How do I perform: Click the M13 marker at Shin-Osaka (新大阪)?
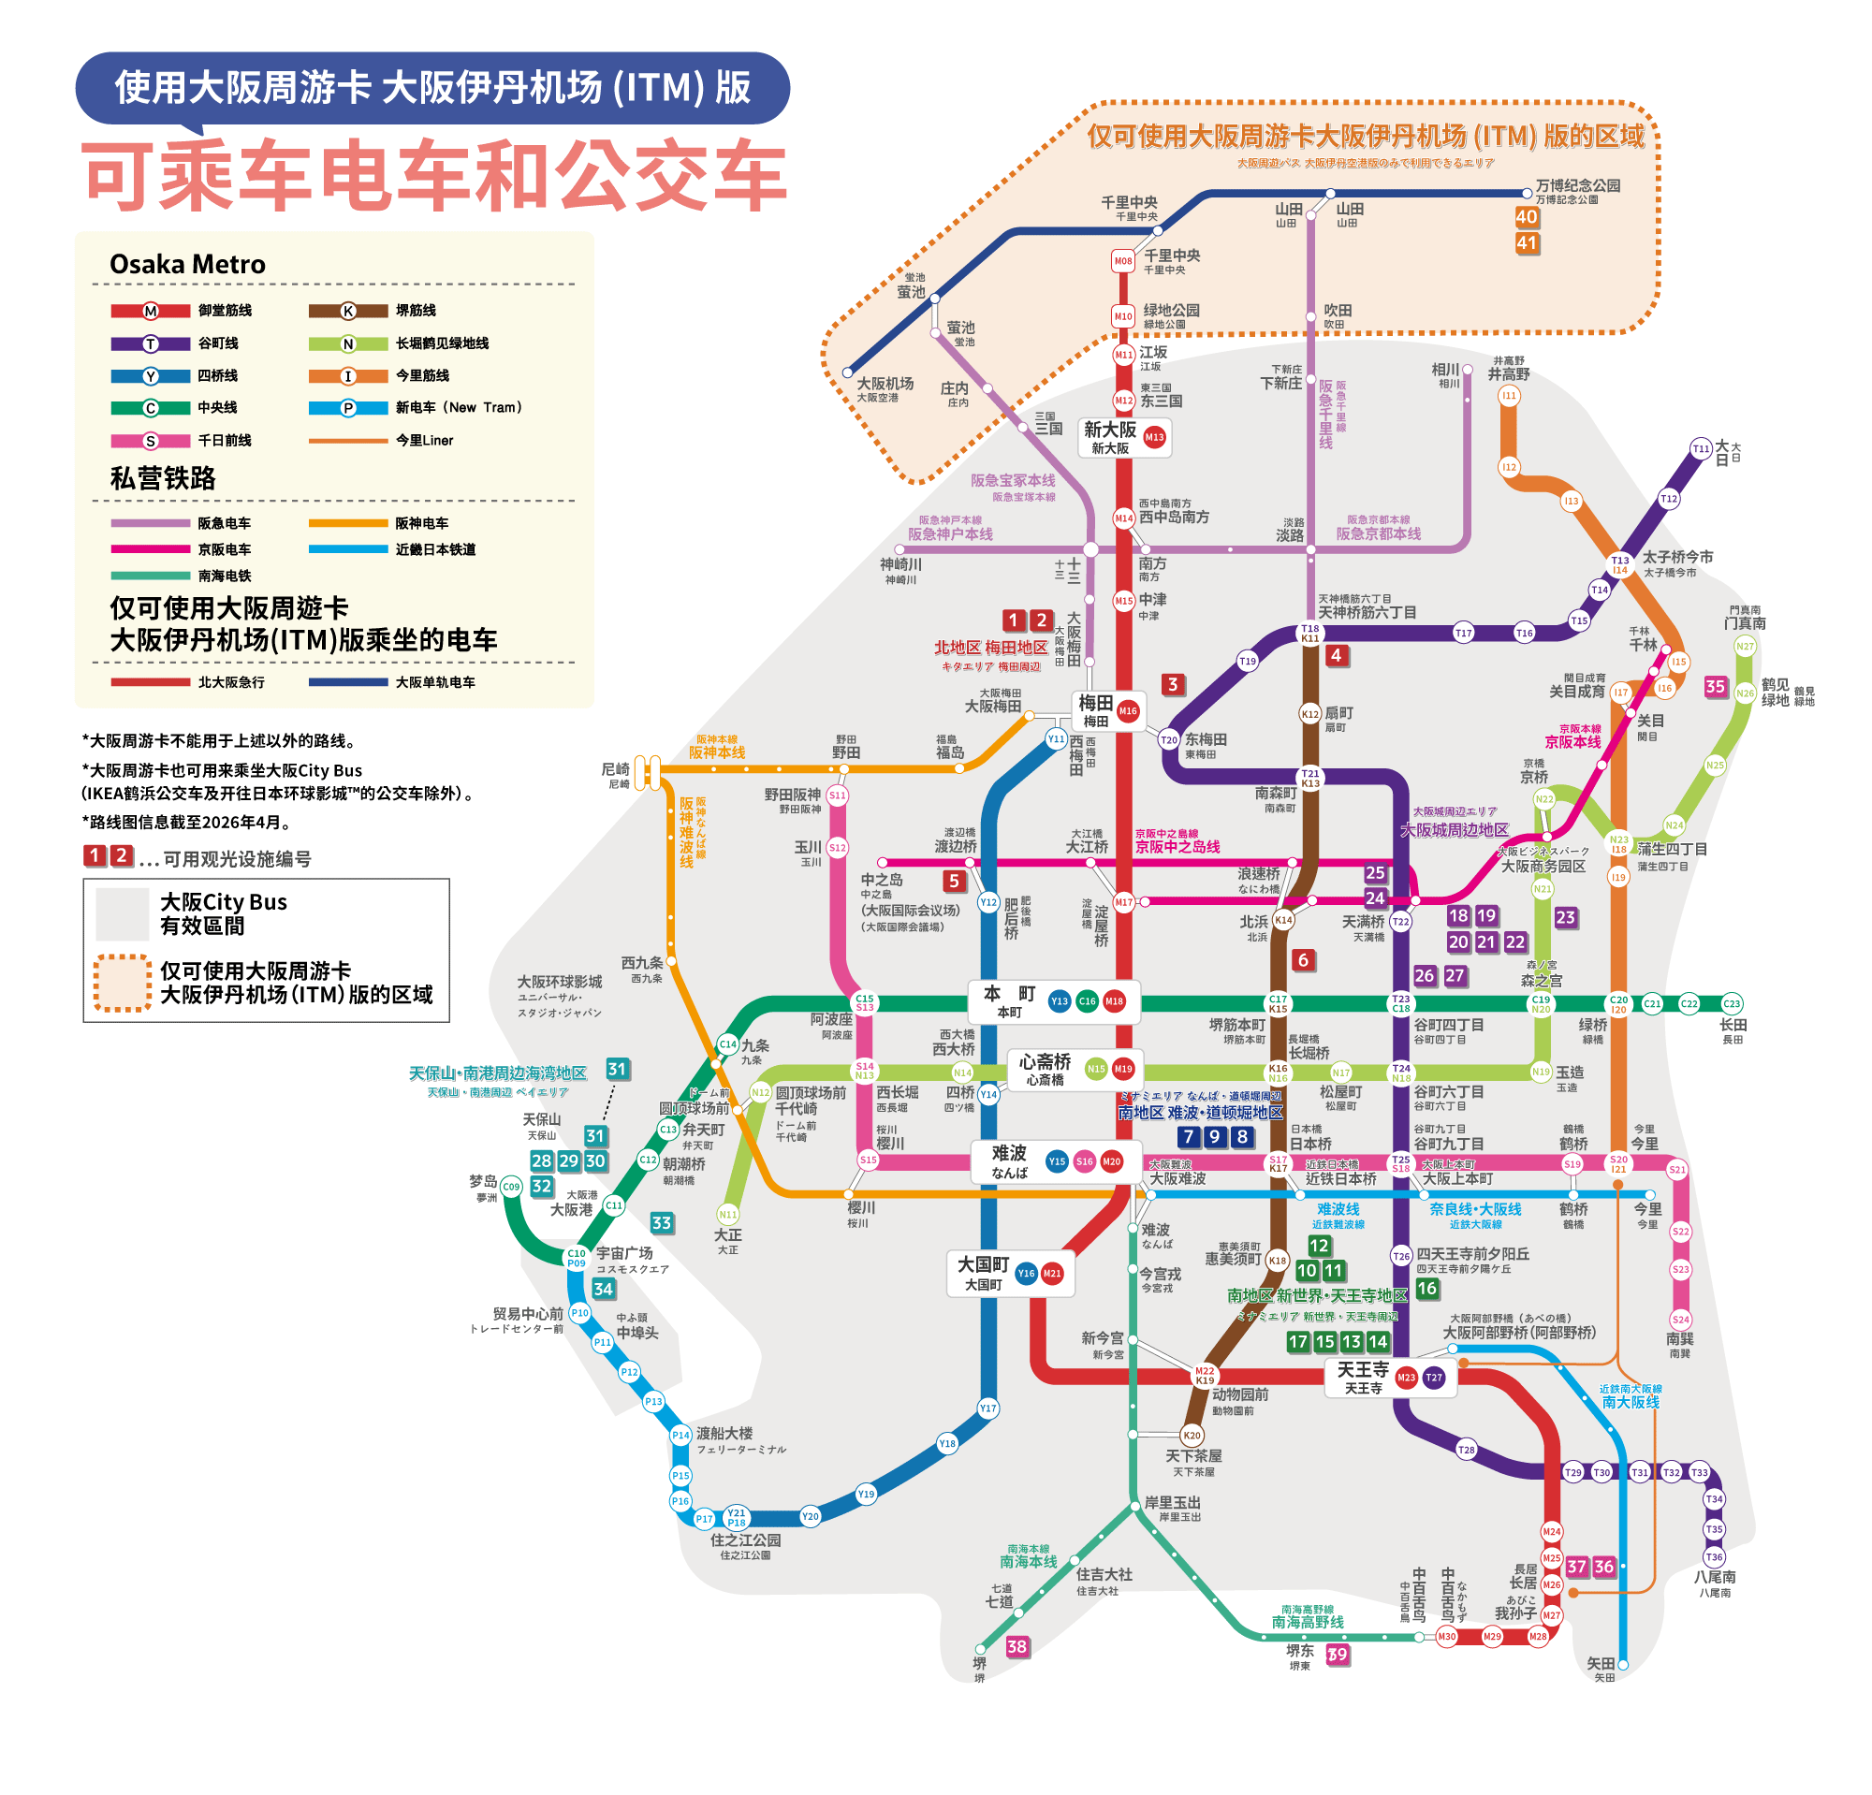pos(1155,437)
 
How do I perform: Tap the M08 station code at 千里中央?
pos(1123,261)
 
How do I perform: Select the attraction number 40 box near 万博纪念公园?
pos(1527,217)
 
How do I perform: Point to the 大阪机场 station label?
pos(885,384)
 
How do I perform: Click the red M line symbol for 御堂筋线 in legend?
pos(150,311)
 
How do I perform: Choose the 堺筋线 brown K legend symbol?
pos(347,311)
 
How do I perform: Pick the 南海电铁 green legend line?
pos(150,576)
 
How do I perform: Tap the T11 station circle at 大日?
pos(1701,449)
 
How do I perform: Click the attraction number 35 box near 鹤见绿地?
pos(1716,686)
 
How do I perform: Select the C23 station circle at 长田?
pos(1732,1003)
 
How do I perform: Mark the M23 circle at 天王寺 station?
pos(1406,1377)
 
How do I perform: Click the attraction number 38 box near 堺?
pos(1017,1646)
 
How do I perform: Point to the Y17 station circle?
pos(987,1408)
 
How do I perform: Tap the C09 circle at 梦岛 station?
pos(511,1187)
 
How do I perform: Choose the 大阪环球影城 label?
pos(560,982)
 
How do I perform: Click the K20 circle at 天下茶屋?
pos(1192,1435)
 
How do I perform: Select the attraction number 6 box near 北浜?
pos(1303,959)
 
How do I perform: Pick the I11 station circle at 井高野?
pos(1509,395)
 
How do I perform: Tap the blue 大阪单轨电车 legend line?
pos(347,681)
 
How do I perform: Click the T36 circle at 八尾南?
pos(1715,1556)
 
